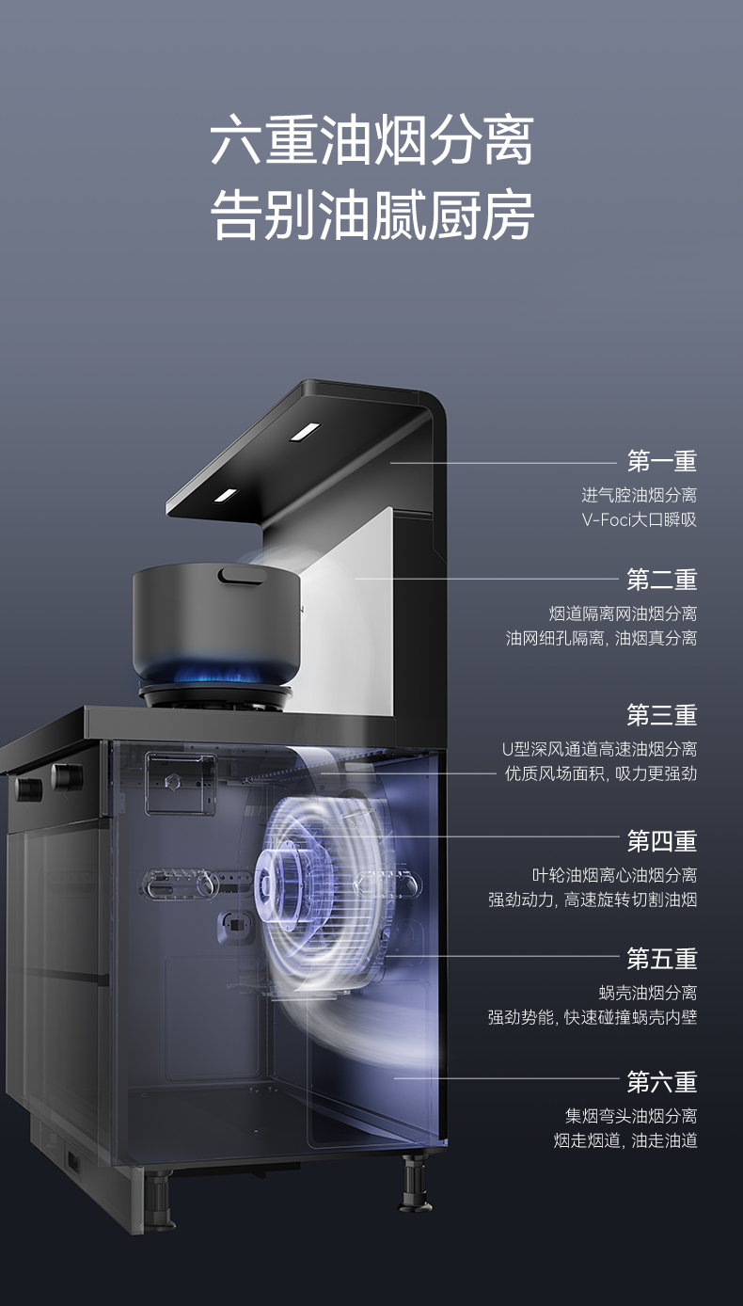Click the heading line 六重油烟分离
[x=371, y=141]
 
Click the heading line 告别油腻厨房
[x=371, y=215]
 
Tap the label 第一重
[x=662, y=461]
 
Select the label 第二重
[x=662, y=579]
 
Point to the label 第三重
[x=662, y=715]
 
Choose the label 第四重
[x=662, y=840]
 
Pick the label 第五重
[x=662, y=959]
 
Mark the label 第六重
[x=662, y=1082]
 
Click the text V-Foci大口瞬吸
[x=640, y=519]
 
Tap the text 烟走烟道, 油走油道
[x=625, y=1141]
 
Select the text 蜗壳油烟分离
[x=648, y=993]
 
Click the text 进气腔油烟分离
[x=640, y=495]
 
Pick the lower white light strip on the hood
[x=226, y=494]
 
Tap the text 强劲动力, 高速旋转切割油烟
[x=593, y=900]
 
